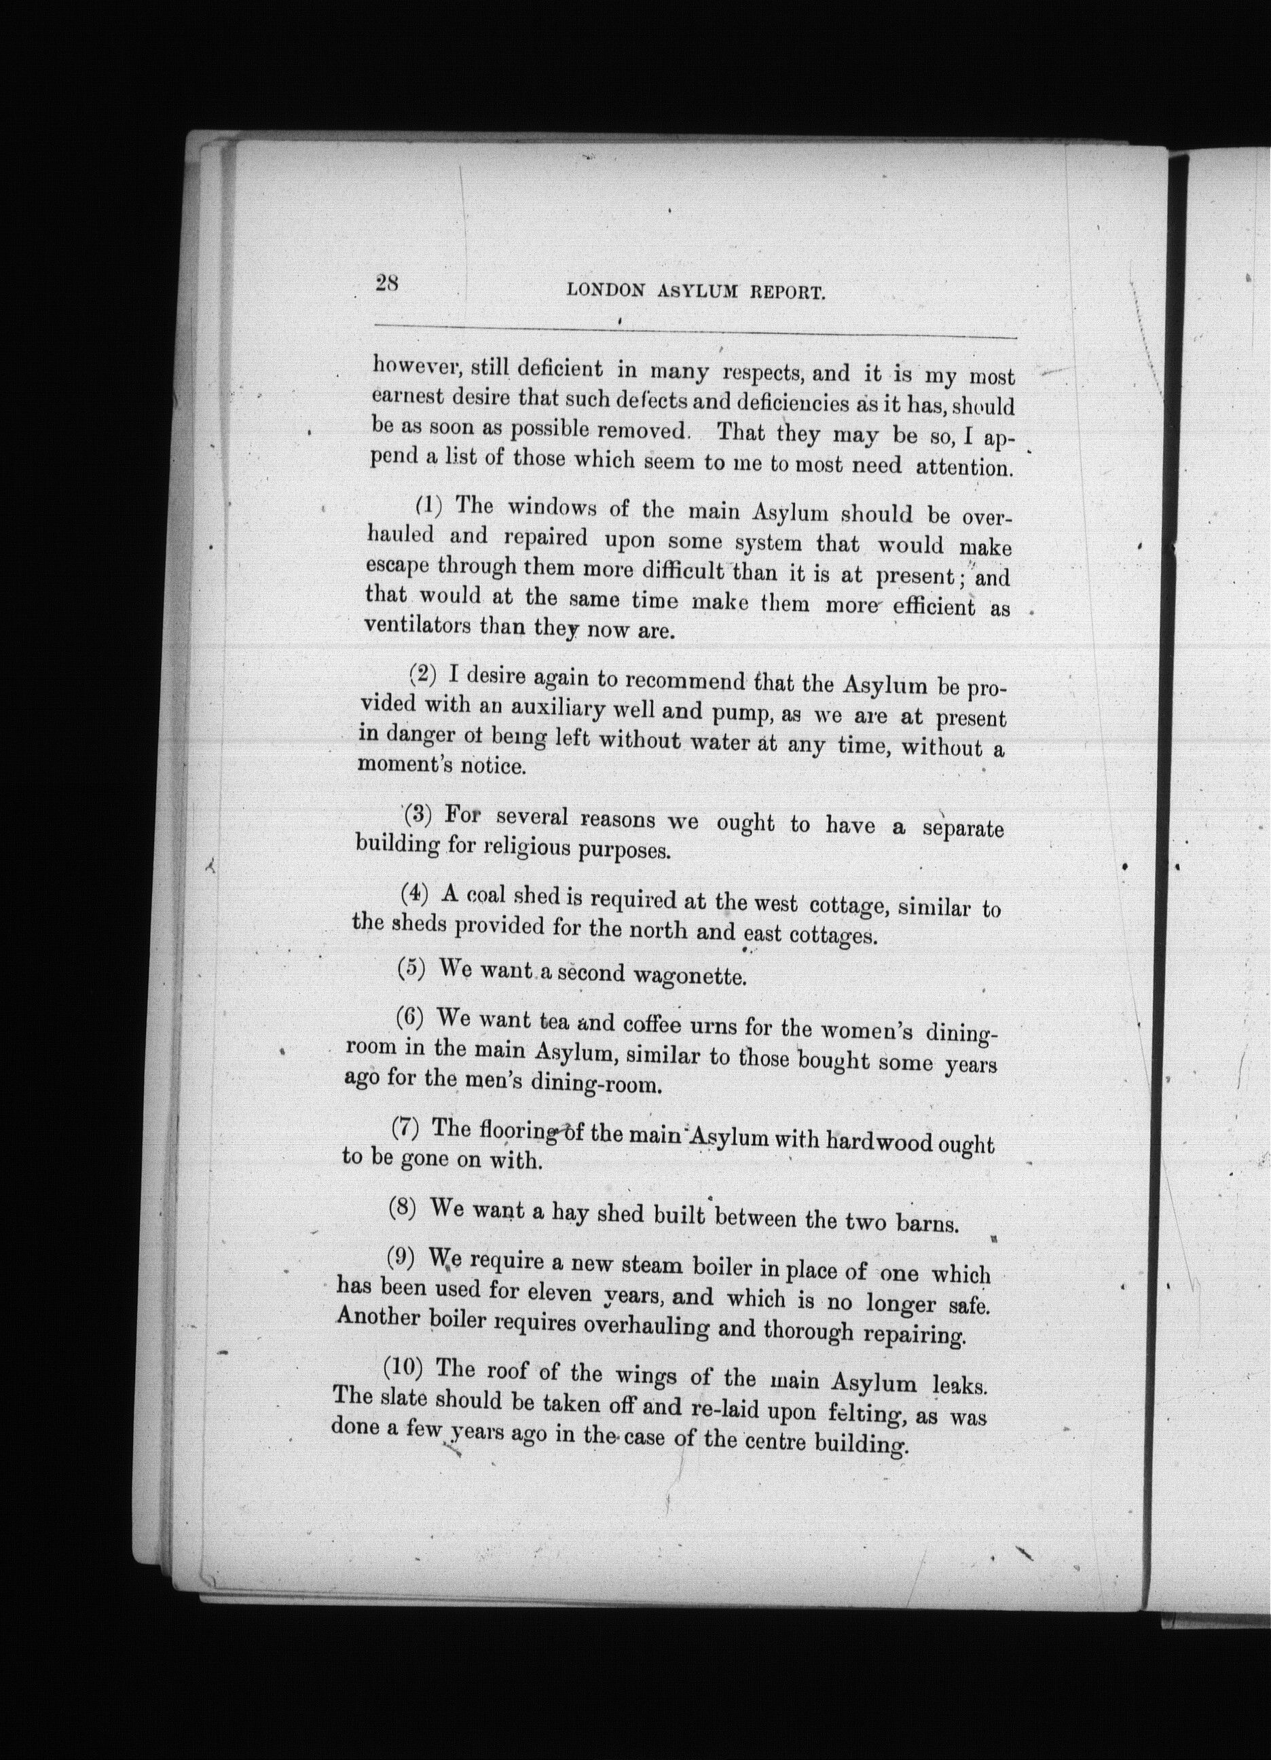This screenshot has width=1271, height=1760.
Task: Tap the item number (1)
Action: click(428, 507)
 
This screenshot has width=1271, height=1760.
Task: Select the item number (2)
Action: click(422, 674)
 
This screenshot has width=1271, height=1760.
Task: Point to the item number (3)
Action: click(418, 815)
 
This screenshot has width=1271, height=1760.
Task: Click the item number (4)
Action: click(414, 894)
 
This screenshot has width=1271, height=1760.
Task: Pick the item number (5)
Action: click(411, 969)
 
